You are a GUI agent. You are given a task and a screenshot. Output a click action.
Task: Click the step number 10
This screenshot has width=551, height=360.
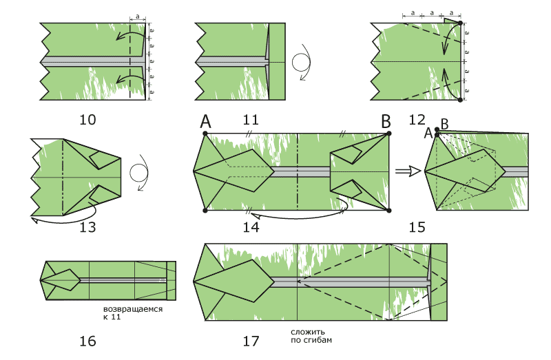87,120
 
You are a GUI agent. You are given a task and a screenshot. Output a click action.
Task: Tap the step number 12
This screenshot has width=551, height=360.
417,120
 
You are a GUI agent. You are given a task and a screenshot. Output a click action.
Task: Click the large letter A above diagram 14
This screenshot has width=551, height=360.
205,122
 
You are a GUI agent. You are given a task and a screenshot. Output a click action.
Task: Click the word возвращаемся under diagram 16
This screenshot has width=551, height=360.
132,309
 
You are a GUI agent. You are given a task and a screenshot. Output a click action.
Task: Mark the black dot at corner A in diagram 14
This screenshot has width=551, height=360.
205,133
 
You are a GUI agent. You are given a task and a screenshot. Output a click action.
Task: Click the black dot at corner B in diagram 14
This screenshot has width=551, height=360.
389,133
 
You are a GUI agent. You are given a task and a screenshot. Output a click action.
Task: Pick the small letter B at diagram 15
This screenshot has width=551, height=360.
444,125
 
